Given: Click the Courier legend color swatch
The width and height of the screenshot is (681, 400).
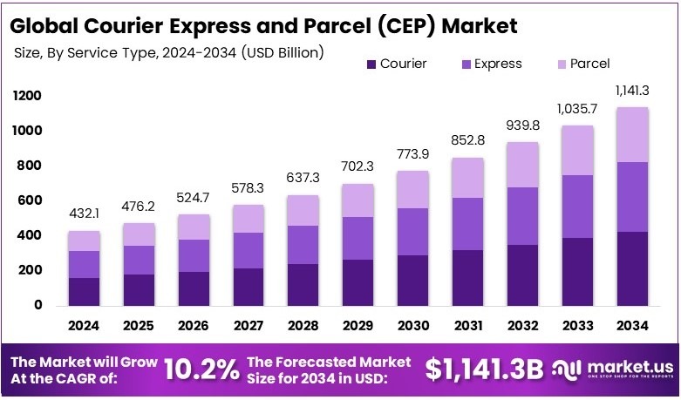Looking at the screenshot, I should coord(371,64).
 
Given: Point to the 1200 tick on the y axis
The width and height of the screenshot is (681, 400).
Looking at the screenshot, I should coord(27,95).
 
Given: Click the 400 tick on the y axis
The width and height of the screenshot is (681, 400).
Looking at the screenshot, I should coord(27,235).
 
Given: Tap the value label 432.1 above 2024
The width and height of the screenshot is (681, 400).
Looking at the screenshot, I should coord(85,214).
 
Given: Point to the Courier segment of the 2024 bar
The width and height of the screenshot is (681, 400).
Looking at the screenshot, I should coord(85,291).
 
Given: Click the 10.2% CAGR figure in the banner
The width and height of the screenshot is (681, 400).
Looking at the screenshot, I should coord(202,369).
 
